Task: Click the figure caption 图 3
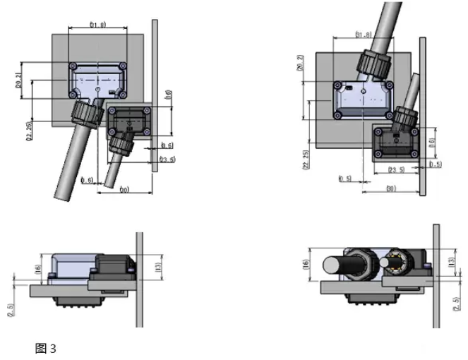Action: pyautogui.click(x=44, y=347)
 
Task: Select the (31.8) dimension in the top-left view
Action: pyautogui.click(x=97, y=26)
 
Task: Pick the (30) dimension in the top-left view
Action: pyautogui.click(x=124, y=190)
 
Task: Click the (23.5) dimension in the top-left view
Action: pyautogui.click(x=167, y=160)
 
